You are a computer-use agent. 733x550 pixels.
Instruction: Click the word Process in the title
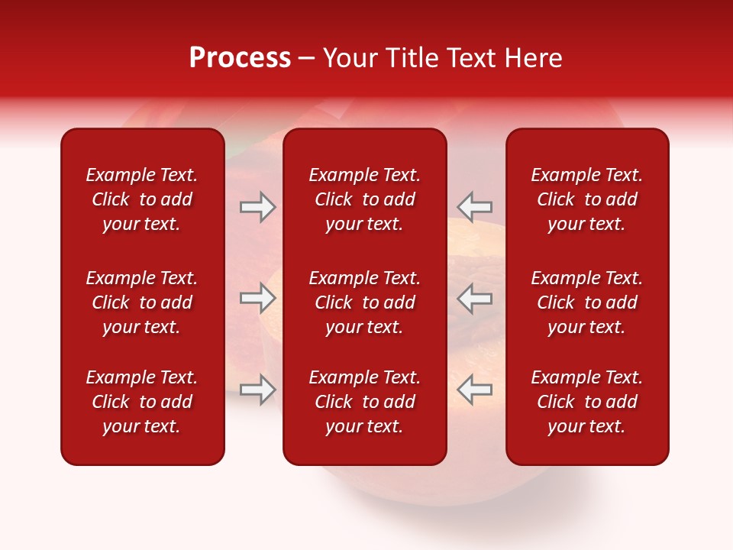click(x=240, y=58)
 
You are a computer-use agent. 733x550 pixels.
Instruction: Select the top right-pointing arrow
click(x=257, y=207)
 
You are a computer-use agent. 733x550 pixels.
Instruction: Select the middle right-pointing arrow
click(x=257, y=298)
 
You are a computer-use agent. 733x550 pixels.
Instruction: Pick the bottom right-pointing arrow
click(x=257, y=390)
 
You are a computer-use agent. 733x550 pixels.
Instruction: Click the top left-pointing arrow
click(x=475, y=207)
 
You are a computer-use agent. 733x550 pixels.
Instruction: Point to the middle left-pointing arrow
click(x=475, y=298)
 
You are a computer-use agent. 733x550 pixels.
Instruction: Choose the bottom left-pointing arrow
click(x=475, y=390)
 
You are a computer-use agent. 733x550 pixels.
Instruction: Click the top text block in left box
click(x=142, y=199)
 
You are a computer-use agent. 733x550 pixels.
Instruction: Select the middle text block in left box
click(x=142, y=302)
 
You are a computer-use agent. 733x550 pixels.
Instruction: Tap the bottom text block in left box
click(x=142, y=402)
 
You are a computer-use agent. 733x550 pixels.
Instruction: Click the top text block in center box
click(x=365, y=199)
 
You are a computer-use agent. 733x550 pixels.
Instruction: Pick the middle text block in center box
click(x=365, y=302)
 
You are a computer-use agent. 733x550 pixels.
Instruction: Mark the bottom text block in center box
click(x=365, y=402)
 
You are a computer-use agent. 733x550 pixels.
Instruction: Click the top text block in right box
click(x=587, y=199)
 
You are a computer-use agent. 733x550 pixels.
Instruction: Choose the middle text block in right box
click(x=587, y=302)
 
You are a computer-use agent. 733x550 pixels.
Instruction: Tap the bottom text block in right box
click(x=587, y=402)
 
